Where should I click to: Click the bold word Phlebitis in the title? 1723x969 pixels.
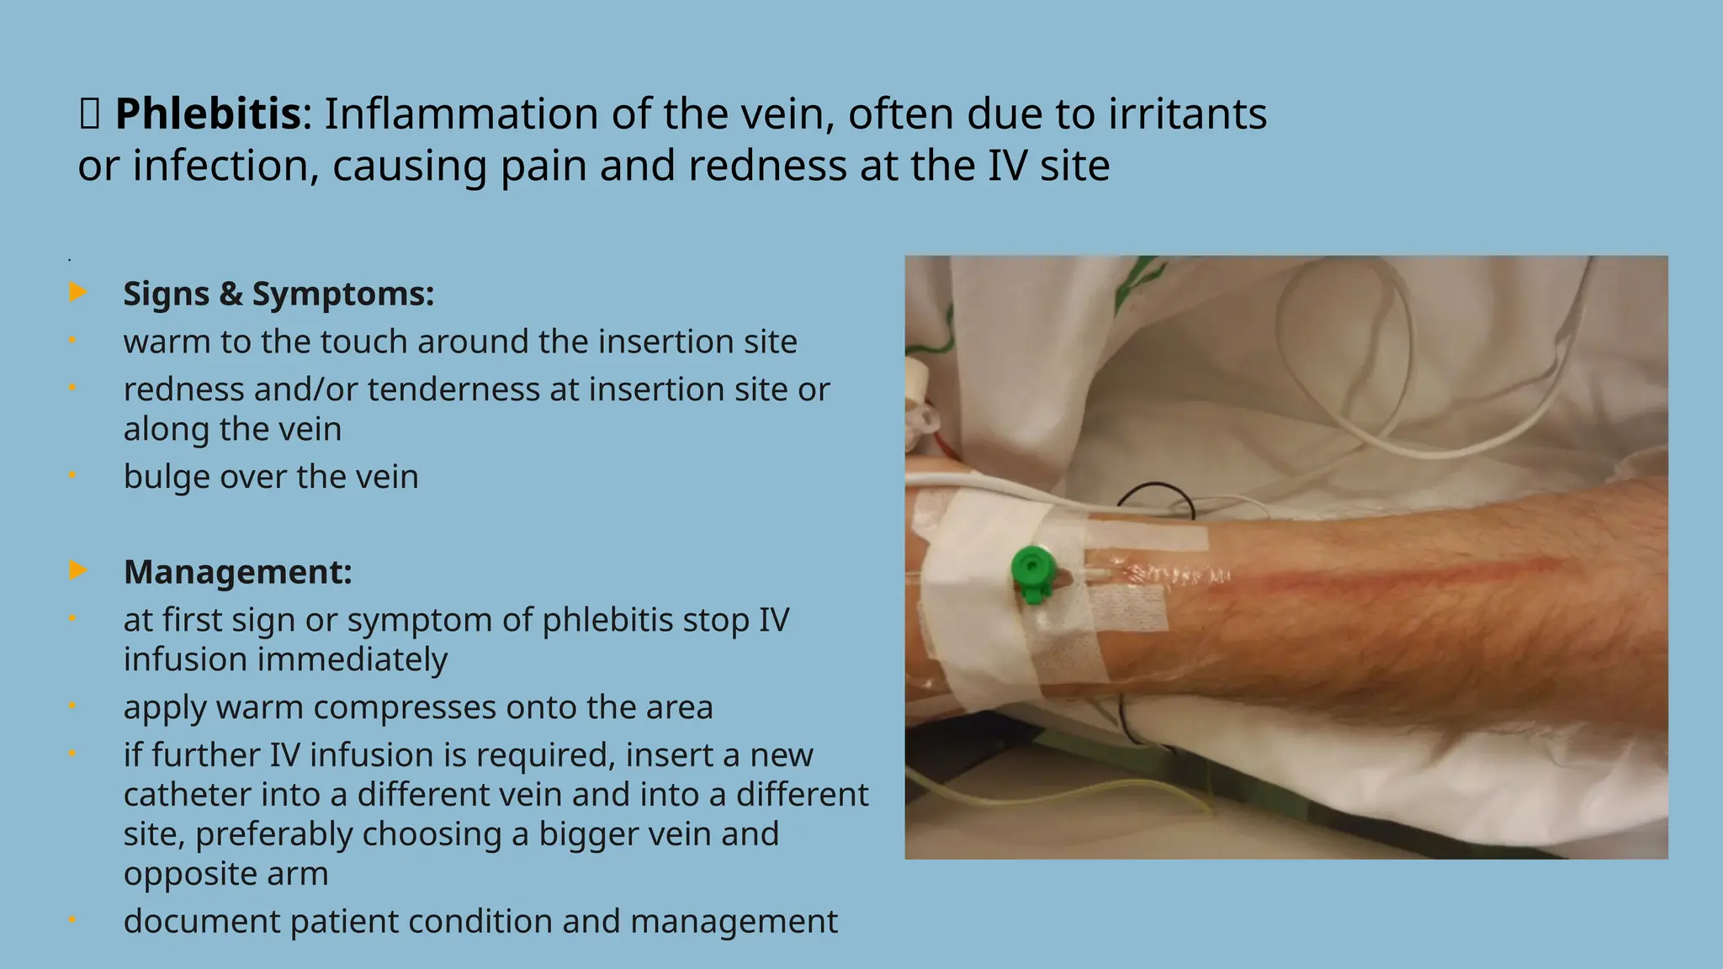pos(207,114)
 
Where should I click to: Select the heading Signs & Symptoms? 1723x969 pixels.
pos(278,294)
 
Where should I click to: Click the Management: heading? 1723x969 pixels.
pos(237,572)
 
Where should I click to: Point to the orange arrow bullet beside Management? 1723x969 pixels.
pos(77,570)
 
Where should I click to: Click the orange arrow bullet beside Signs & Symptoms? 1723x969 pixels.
pos(77,293)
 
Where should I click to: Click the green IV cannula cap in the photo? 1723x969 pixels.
pos(1032,571)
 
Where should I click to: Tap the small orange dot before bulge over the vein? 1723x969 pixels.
pos(72,475)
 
